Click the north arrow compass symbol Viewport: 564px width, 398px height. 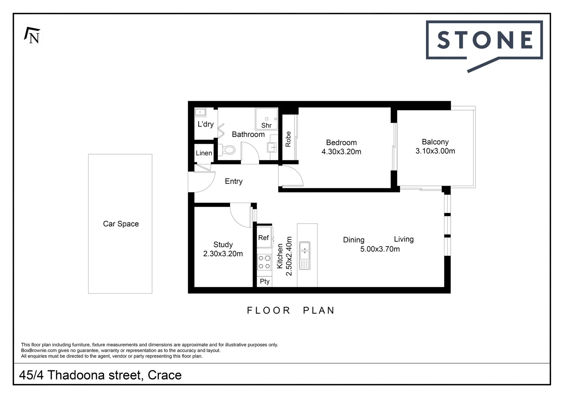tap(32, 35)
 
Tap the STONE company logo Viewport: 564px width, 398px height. tap(484, 40)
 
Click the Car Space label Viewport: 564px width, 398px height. tap(121, 224)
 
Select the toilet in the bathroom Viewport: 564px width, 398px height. tap(228, 150)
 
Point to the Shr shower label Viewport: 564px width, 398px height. tap(266, 125)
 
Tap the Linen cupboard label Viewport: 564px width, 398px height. tap(204, 153)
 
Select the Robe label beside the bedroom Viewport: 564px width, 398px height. tap(288, 139)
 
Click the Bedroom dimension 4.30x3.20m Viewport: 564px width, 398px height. tap(341, 151)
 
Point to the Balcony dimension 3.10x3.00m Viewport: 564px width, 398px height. tap(435, 151)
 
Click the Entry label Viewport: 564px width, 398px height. tap(234, 181)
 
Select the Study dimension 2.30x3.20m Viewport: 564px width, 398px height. tap(223, 254)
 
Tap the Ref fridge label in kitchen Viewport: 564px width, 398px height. tap(263, 238)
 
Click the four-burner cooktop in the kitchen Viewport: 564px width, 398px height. tap(264, 262)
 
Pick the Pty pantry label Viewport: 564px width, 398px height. tap(264, 281)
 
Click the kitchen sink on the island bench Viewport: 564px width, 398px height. tap(305, 255)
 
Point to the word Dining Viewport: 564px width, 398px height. tap(354, 240)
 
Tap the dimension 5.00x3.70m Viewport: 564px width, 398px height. tap(380, 249)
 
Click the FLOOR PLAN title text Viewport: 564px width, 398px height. tap(290, 310)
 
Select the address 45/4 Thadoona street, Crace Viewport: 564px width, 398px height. tap(100, 375)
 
